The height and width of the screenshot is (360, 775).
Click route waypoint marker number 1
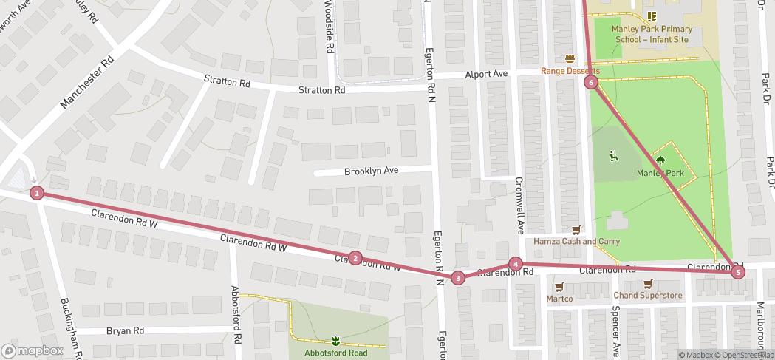[x=37, y=193]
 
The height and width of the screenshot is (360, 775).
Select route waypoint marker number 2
[x=355, y=258]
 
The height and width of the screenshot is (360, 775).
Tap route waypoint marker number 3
[x=458, y=278]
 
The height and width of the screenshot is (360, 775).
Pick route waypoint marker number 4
[x=516, y=264]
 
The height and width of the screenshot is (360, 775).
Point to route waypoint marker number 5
[x=737, y=272]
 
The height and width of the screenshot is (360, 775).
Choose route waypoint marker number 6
[x=591, y=82]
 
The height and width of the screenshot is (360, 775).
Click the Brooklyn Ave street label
[x=371, y=171]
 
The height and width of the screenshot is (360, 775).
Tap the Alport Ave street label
[x=486, y=75]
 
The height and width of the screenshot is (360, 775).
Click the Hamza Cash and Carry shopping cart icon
[x=576, y=230]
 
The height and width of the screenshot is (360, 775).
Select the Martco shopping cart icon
[x=559, y=287]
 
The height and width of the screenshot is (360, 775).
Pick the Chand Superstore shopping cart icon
[x=648, y=284]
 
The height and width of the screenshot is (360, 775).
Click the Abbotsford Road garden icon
[x=335, y=341]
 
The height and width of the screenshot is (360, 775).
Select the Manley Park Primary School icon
[x=651, y=16]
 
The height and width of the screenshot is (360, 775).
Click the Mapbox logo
[x=33, y=350]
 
